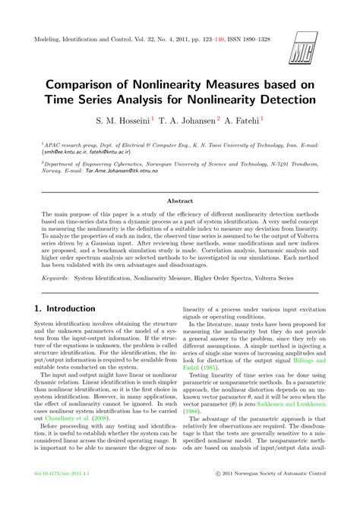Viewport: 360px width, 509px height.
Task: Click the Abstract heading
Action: pyautogui.click(x=180, y=201)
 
